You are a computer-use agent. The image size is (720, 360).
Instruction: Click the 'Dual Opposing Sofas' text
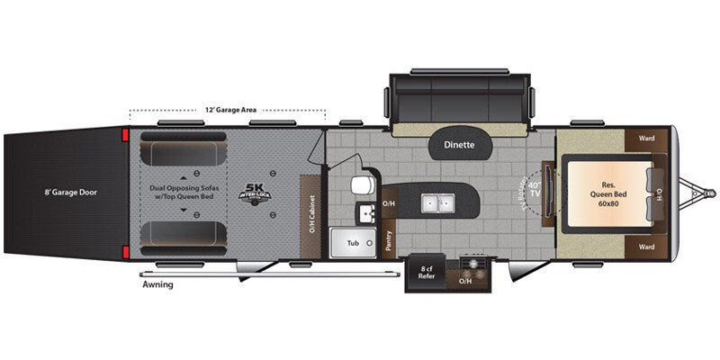tap(190, 187)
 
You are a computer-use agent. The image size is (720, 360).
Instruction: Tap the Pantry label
tap(389, 238)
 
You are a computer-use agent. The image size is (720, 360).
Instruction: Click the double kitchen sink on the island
tap(438, 202)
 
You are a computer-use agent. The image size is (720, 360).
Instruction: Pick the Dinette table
tap(460, 144)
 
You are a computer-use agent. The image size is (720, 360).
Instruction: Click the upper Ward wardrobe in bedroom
tap(646, 139)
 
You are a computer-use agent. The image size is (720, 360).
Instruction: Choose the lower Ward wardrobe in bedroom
tap(646, 245)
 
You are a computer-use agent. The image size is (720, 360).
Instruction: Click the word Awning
tap(157, 284)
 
